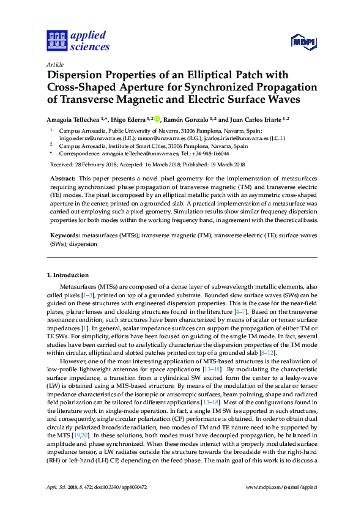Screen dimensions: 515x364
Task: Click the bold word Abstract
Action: (x=61, y=177)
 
